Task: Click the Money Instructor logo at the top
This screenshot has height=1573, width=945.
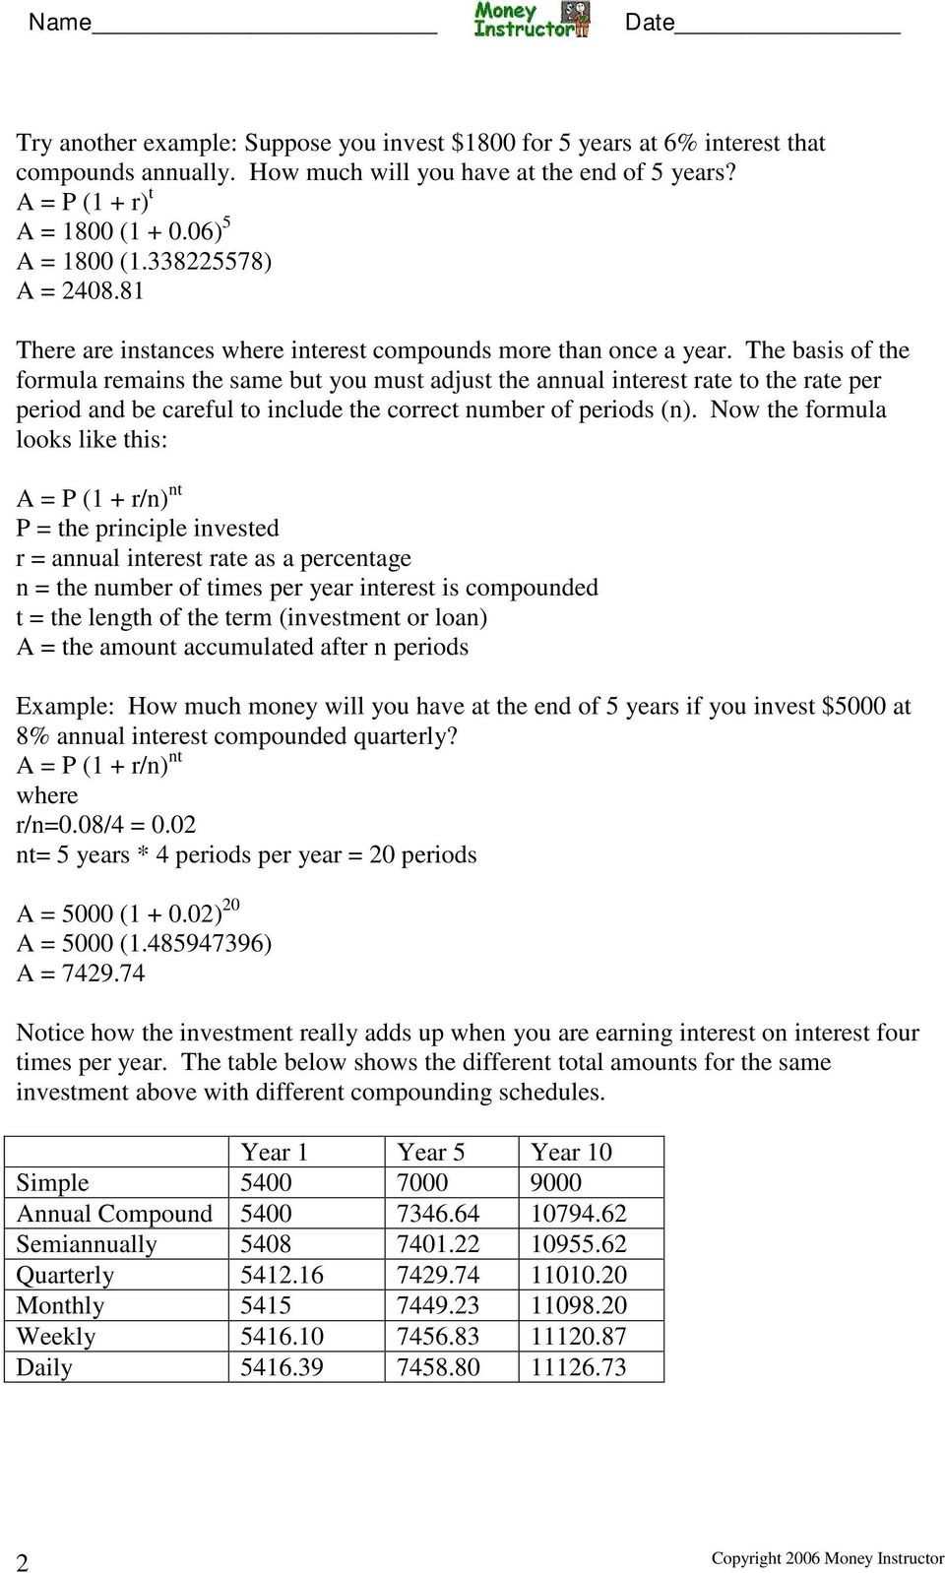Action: pyautogui.click(x=532, y=19)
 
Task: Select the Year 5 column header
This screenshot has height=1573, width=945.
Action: pyautogui.click(x=431, y=1152)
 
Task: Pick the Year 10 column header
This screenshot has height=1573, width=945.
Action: pyautogui.click(x=571, y=1152)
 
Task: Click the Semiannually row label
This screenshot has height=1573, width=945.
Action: pyautogui.click(x=87, y=1244)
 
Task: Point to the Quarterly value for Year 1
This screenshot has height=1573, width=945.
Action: pyautogui.click(x=282, y=1275)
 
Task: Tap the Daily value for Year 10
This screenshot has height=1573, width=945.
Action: pyautogui.click(x=579, y=1367)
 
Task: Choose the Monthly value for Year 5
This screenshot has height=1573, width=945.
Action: pyautogui.click(x=438, y=1305)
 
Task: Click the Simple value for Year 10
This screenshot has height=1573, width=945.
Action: pyautogui.click(x=556, y=1182)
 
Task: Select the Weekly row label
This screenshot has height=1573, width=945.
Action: pyautogui.click(x=56, y=1337)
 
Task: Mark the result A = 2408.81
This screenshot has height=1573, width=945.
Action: pyautogui.click(x=81, y=291)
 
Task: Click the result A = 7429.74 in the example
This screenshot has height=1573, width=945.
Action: pyautogui.click(x=81, y=974)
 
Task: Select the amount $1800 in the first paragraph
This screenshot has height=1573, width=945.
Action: pyautogui.click(x=483, y=143)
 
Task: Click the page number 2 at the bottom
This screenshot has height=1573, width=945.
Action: pyautogui.click(x=23, y=1562)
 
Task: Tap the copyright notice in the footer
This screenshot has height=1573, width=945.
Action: pyautogui.click(x=828, y=1558)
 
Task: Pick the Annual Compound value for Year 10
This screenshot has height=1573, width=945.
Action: pyautogui.click(x=579, y=1214)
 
